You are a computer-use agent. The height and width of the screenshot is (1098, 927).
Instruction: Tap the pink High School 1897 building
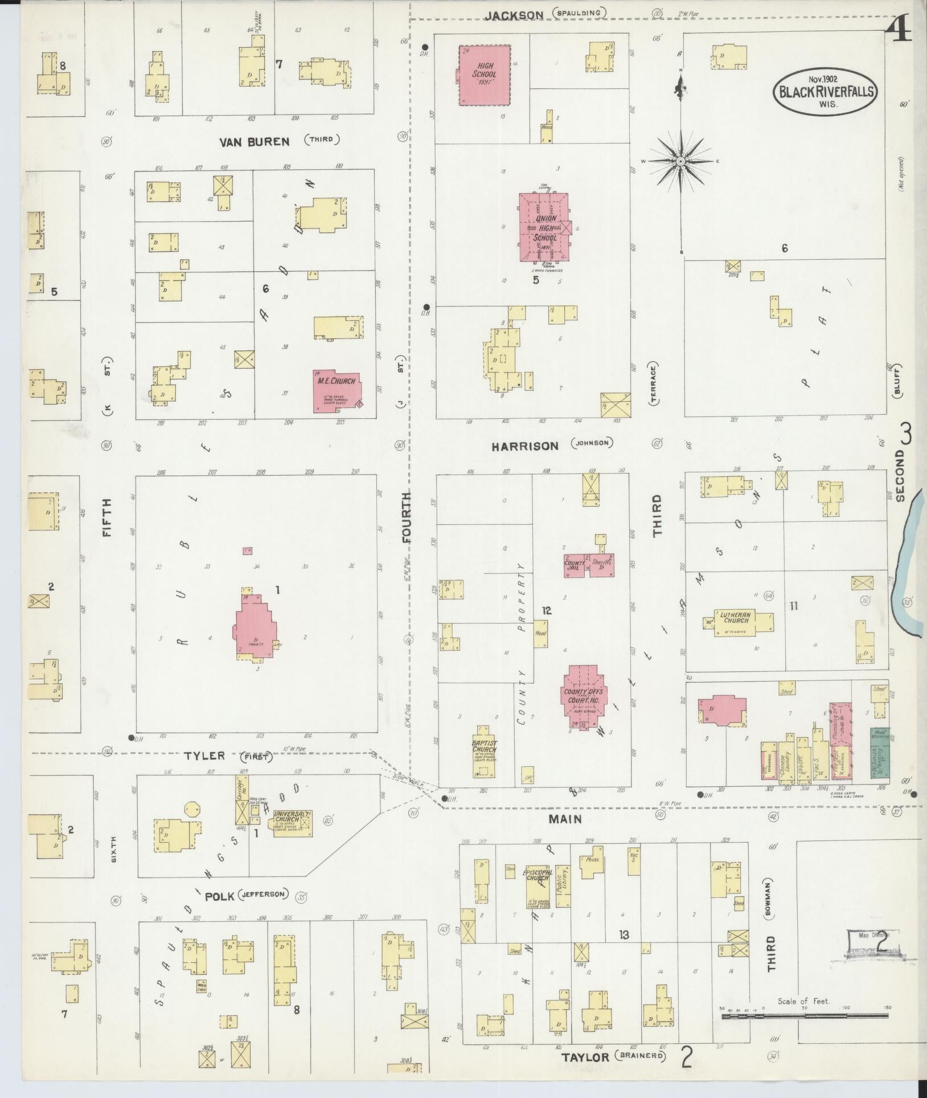point(485,75)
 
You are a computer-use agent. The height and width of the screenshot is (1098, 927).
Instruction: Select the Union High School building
point(544,227)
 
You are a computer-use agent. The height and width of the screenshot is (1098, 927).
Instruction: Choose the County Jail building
point(575,565)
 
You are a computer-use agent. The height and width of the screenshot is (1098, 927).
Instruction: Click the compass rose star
point(680,162)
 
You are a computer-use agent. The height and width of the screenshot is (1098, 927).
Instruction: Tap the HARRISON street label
point(524,446)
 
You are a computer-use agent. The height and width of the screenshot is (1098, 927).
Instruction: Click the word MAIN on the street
point(564,819)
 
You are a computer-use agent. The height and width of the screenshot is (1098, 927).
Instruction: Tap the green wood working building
point(879,752)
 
